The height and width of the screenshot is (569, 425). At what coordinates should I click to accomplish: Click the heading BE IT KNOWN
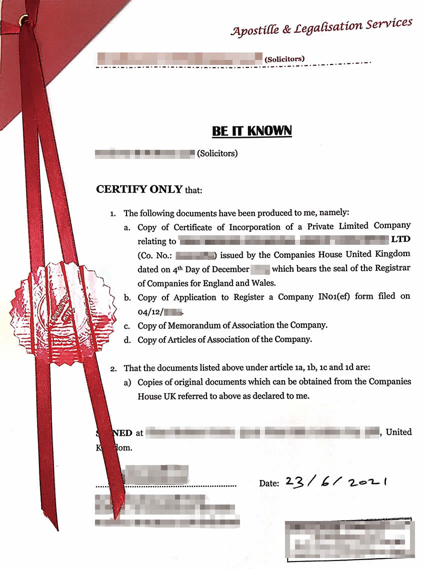pos(252,131)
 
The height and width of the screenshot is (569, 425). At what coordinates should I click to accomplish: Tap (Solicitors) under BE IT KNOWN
pos(217,153)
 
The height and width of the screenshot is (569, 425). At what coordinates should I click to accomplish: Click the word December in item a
pos(227,269)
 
